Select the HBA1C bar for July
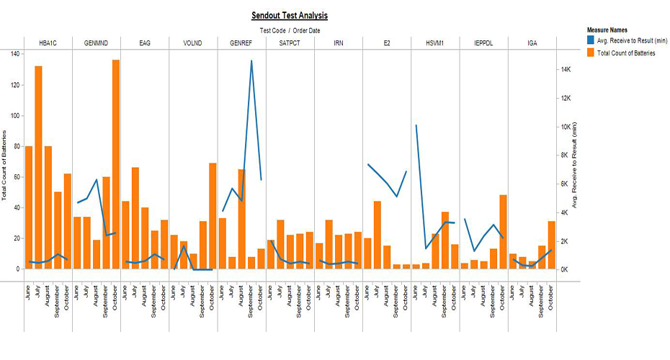38,167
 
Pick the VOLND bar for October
213,216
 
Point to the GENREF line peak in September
251,61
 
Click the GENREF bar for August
242,219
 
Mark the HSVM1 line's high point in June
416,125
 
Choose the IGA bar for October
551,245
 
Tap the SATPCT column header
290,43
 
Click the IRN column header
339,43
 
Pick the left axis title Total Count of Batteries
6,166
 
